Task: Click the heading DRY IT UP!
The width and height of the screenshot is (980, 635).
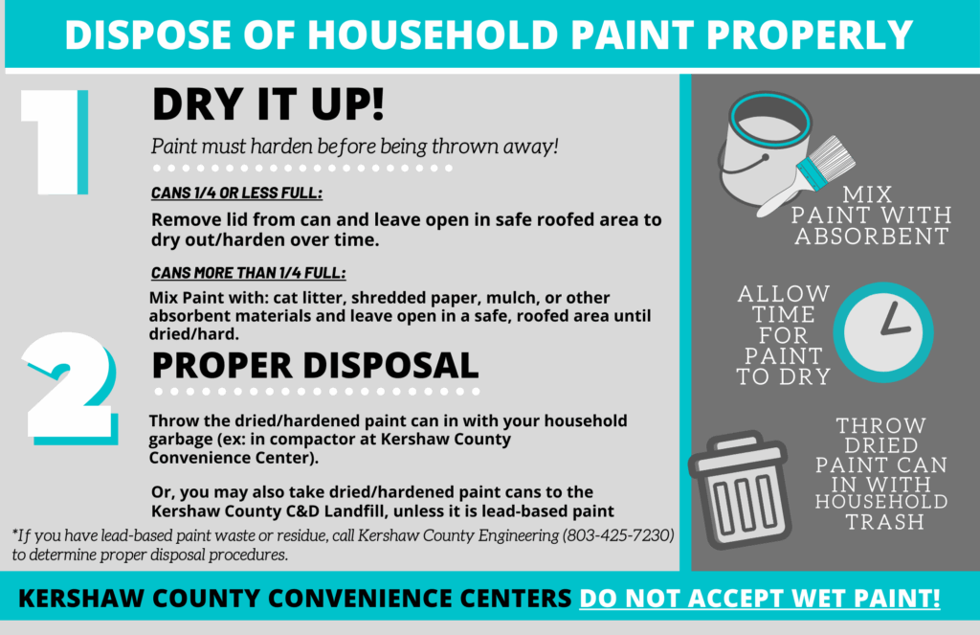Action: click(x=268, y=103)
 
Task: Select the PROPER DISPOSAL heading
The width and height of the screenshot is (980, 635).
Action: click(x=315, y=365)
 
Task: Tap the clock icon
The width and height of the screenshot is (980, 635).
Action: click(x=883, y=332)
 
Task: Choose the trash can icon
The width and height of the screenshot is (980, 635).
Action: click(x=740, y=489)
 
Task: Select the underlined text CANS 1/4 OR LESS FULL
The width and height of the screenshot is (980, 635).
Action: click(x=237, y=193)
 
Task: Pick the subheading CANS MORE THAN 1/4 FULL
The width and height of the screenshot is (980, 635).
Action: click(x=248, y=273)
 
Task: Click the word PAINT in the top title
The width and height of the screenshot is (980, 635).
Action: click(x=633, y=34)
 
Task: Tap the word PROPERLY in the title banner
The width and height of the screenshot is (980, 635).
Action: click(x=810, y=34)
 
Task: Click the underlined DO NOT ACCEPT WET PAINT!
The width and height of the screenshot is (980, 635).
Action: click(x=759, y=598)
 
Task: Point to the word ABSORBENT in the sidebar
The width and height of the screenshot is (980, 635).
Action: click(x=872, y=237)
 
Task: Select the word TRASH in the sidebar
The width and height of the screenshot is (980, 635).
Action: click(x=885, y=522)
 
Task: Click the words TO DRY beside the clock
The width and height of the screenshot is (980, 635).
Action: click(x=783, y=376)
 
